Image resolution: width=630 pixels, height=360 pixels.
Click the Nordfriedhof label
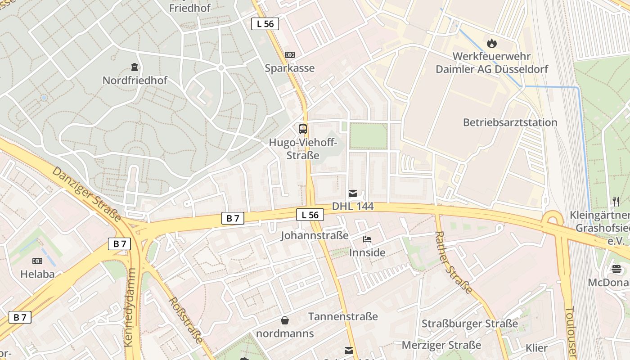[135, 81]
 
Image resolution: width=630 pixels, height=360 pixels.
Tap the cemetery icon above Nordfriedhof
[134, 67]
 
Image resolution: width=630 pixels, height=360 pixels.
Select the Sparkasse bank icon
[290, 55]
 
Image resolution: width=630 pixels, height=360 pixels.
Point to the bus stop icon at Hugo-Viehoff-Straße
[303, 129]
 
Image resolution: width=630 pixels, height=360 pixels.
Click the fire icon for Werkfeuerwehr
[491, 43]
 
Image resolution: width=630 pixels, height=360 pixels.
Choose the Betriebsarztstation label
[510, 122]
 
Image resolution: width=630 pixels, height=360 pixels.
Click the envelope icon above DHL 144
[353, 193]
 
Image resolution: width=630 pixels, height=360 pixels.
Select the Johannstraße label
[315, 235]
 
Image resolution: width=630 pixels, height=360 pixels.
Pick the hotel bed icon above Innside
[367, 239]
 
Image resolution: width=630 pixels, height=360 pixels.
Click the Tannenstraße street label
[343, 317]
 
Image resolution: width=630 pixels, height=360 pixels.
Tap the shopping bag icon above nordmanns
[285, 320]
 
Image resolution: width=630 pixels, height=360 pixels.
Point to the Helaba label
[37, 274]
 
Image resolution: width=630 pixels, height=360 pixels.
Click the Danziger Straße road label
[86, 194]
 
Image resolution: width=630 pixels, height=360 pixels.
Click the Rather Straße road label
[453, 262]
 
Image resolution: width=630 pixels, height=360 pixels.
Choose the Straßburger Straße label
[469, 324]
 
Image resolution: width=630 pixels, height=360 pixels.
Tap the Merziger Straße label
[441, 345]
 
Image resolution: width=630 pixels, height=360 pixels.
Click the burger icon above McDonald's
[616, 269]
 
